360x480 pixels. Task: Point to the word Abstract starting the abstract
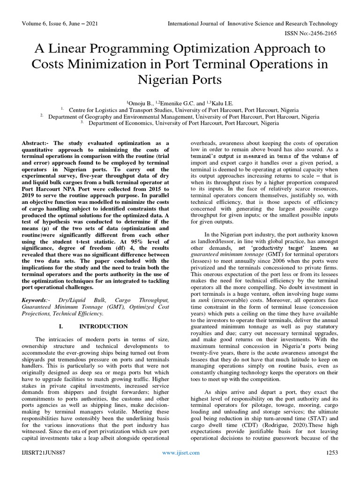pos(35,141)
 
